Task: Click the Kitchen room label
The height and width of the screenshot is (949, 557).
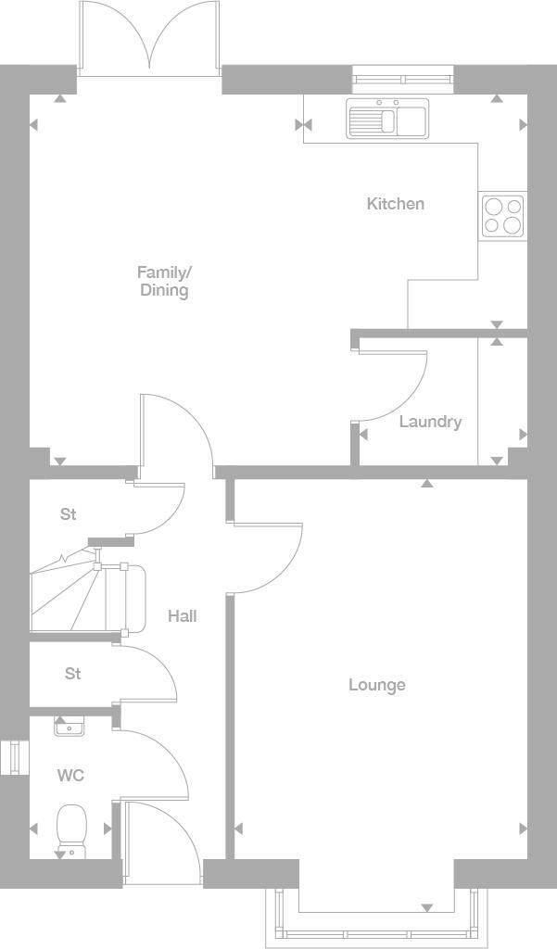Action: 396,204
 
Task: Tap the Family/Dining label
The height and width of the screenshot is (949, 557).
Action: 164,281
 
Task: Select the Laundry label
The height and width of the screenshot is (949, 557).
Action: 430,422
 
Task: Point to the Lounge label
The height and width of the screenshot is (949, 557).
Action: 377,685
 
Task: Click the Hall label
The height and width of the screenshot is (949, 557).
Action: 183,615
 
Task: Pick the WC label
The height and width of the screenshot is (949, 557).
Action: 70,775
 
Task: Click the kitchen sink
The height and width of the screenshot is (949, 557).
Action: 386,119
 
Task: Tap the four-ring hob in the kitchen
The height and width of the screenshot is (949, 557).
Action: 502,216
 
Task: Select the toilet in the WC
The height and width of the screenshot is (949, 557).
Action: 71,827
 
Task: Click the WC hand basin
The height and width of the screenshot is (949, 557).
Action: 68,728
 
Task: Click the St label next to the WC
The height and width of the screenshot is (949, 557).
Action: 73,674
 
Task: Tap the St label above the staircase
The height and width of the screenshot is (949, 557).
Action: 68,513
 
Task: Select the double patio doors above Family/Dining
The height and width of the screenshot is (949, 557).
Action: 148,37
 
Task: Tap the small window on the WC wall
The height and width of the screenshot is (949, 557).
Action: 10,756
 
